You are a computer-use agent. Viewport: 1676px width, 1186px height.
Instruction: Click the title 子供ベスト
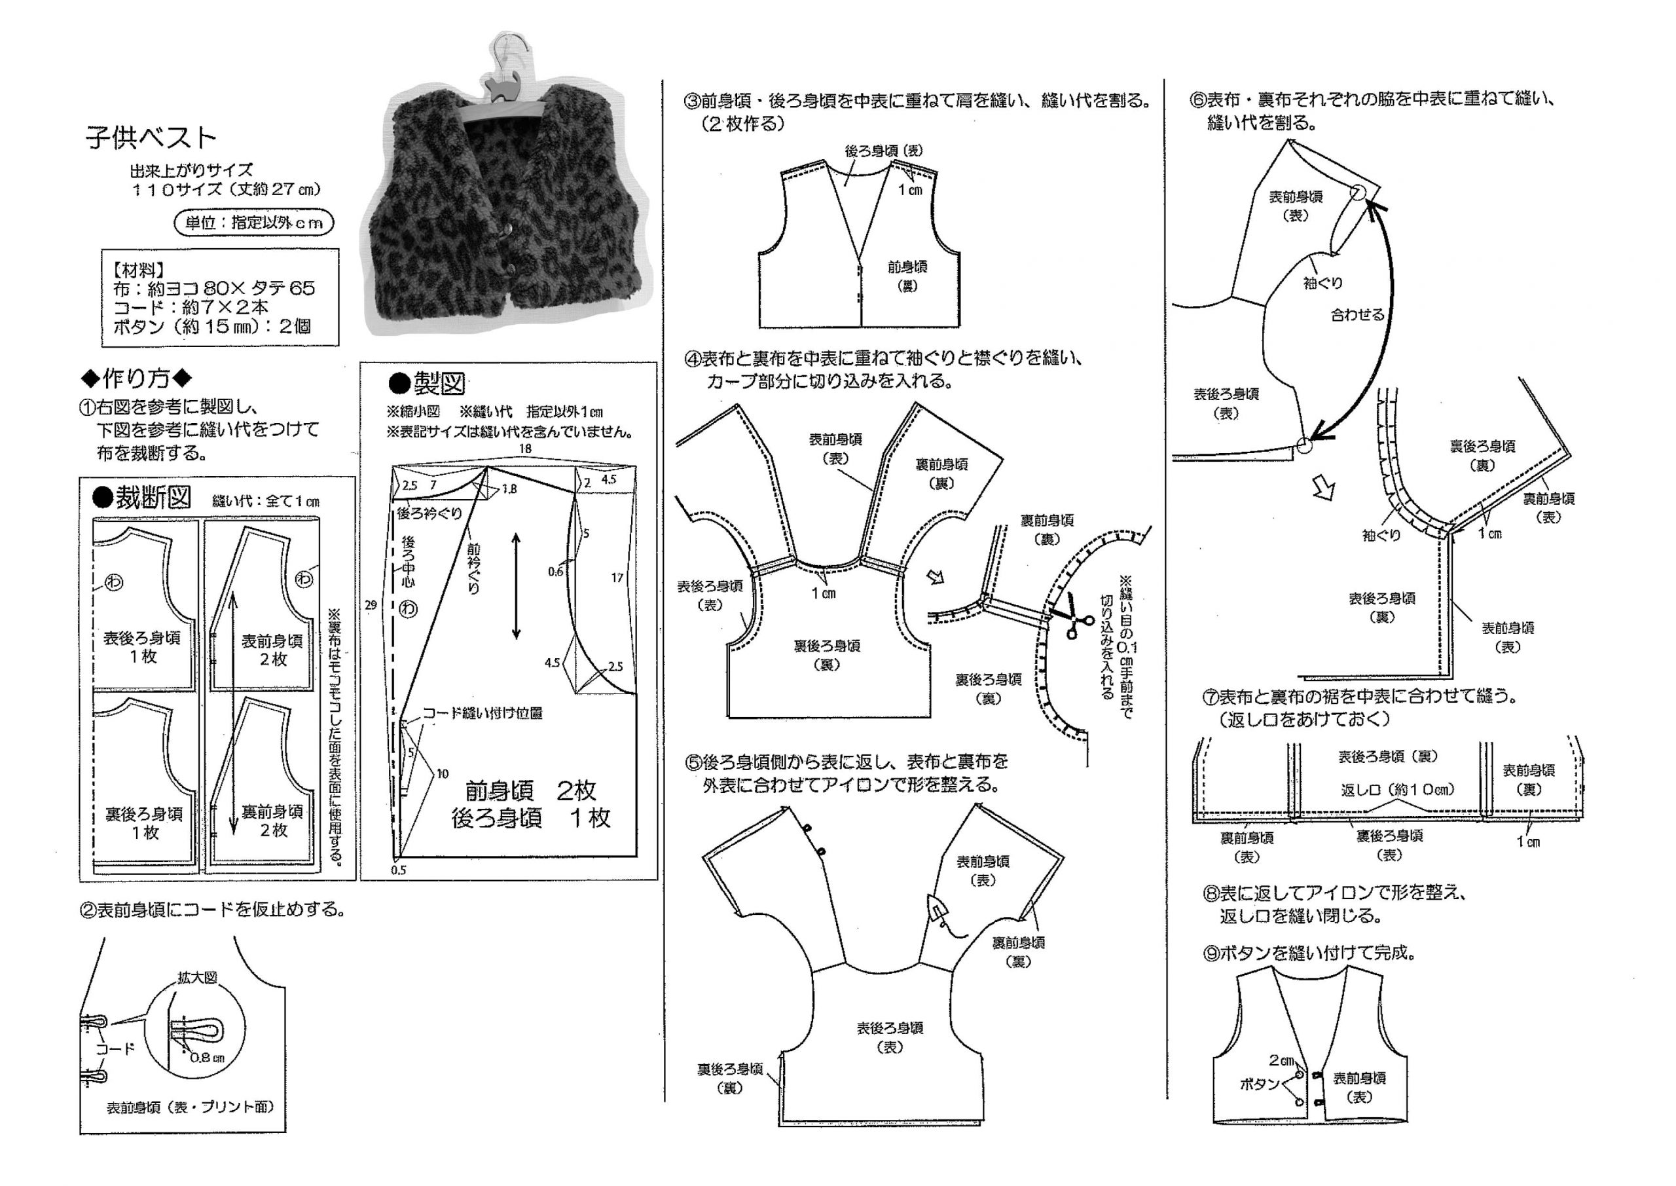(151, 138)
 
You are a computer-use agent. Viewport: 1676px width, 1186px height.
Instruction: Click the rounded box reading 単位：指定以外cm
(253, 223)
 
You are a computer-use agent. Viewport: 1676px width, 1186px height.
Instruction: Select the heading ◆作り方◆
(137, 379)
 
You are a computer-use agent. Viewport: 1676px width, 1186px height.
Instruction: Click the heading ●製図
(427, 382)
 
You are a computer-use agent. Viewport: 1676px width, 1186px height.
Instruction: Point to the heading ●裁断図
(142, 498)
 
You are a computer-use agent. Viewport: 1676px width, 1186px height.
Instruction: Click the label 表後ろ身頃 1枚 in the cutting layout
(142, 647)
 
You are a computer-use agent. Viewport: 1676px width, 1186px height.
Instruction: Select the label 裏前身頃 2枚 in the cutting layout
(273, 821)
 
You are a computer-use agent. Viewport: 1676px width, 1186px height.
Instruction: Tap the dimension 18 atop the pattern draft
(525, 449)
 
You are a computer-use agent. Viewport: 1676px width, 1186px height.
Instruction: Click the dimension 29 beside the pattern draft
(371, 604)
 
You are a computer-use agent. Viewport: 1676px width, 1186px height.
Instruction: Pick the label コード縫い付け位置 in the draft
(482, 713)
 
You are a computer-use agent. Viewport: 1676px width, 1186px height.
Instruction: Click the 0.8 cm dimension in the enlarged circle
(207, 1057)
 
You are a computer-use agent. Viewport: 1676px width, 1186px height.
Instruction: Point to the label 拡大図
(197, 978)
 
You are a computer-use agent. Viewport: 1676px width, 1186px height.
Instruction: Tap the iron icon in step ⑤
(938, 913)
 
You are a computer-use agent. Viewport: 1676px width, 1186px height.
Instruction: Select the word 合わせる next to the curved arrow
(1357, 316)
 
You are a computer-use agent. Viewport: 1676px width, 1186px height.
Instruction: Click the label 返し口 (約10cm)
(1397, 789)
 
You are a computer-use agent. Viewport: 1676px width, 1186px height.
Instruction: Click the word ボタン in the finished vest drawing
(1259, 1084)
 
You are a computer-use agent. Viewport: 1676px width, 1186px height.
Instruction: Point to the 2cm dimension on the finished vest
(1281, 1060)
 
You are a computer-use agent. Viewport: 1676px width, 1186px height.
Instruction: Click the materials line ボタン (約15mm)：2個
(211, 326)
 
